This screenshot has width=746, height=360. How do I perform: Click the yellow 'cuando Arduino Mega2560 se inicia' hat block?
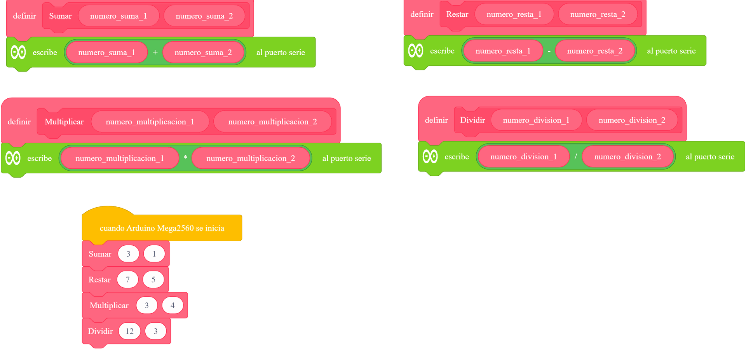pos(162,227)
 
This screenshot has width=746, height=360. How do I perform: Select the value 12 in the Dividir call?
pos(129,331)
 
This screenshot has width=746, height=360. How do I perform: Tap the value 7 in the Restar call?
pos(127,280)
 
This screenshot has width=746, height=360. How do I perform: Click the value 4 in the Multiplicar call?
pos(173,305)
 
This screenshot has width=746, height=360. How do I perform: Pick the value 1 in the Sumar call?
pos(154,254)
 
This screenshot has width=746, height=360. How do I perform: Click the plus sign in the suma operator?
pos(155,52)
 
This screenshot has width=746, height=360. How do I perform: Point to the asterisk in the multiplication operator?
pos(185,157)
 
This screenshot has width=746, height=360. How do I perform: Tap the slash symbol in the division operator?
pos(576,156)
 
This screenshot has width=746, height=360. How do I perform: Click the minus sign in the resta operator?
pos(549,51)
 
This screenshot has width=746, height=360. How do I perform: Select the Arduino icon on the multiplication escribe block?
pos(13,158)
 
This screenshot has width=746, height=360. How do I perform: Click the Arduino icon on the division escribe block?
pos(430,157)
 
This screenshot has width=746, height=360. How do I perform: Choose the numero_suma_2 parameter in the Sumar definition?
pos(204,16)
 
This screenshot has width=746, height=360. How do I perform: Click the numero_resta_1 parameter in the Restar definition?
pos(514,14)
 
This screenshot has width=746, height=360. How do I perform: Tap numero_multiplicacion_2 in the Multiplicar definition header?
pos(273,122)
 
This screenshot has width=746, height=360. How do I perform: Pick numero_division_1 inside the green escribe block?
pos(524,157)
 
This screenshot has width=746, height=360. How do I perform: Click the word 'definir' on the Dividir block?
pos(436,120)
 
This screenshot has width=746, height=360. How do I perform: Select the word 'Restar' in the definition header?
pos(457,14)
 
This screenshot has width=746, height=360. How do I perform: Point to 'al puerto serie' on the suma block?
pos(281,52)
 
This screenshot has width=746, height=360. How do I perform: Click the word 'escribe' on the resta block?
pos(442,51)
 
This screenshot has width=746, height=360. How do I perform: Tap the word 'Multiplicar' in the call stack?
pos(109,306)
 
